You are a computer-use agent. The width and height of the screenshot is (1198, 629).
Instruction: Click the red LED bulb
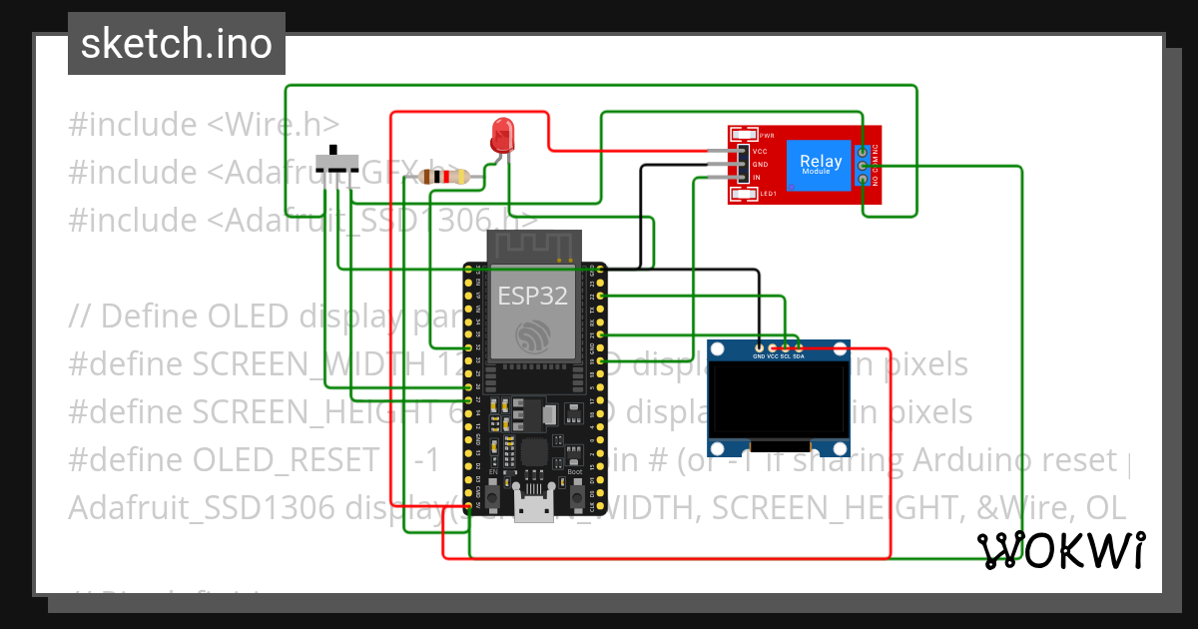tap(502, 134)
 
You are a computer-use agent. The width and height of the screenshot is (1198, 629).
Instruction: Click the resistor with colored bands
tap(445, 177)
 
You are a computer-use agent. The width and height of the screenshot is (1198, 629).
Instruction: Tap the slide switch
tap(338, 163)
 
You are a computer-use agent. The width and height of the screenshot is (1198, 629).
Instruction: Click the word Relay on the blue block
tap(821, 161)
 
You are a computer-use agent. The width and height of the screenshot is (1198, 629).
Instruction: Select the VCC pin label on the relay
tap(761, 150)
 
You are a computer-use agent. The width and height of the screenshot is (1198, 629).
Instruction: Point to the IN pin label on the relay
tap(758, 177)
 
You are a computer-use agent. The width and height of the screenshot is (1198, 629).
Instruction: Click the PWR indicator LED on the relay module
tap(744, 135)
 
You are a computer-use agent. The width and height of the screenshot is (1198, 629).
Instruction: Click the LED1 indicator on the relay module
tap(744, 194)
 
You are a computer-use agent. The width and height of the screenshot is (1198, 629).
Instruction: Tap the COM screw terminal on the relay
tap(862, 165)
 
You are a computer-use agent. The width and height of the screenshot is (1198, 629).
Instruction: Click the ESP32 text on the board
tap(533, 296)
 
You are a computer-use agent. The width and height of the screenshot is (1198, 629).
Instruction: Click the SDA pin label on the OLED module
tap(799, 355)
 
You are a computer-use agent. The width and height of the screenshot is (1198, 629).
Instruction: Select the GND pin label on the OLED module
tap(759, 355)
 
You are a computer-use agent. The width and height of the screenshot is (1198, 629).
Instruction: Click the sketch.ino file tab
tap(177, 44)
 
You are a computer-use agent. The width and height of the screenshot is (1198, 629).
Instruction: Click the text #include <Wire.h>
tap(204, 125)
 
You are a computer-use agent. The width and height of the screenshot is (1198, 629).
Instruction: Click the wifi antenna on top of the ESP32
tap(533, 246)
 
